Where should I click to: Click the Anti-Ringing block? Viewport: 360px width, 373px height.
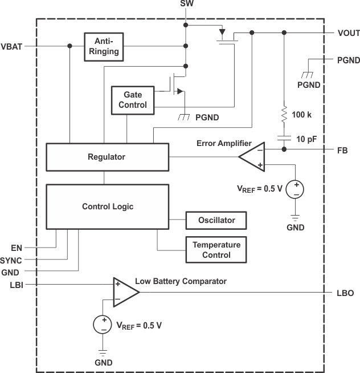[x=103, y=46]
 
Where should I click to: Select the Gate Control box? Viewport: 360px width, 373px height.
[x=133, y=100]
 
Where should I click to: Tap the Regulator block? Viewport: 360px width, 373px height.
[x=107, y=157]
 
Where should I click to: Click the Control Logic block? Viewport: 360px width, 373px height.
[x=107, y=206]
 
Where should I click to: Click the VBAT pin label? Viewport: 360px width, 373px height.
[x=12, y=46]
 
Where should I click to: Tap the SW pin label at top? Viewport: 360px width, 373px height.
[x=186, y=5]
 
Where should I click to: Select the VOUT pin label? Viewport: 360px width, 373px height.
[x=348, y=33]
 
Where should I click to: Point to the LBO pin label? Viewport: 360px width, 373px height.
[x=345, y=293]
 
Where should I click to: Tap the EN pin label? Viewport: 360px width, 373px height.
[x=16, y=248]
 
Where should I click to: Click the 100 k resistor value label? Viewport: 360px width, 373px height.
[x=301, y=115]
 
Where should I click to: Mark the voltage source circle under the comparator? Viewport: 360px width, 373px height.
[x=103, y=325]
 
